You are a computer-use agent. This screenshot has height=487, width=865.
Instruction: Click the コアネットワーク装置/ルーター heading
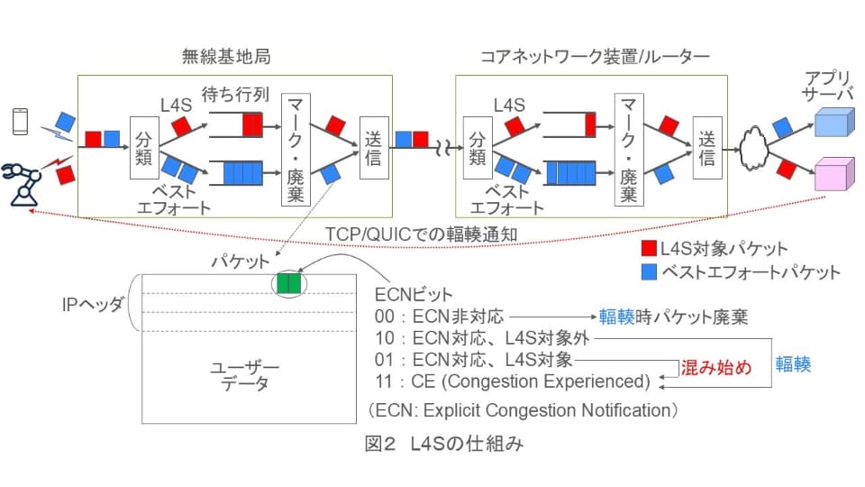pos(596,57)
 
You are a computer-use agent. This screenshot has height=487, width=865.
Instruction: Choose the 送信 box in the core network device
pos(707,147)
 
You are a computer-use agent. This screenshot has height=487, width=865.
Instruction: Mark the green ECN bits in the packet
pos(289,283)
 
